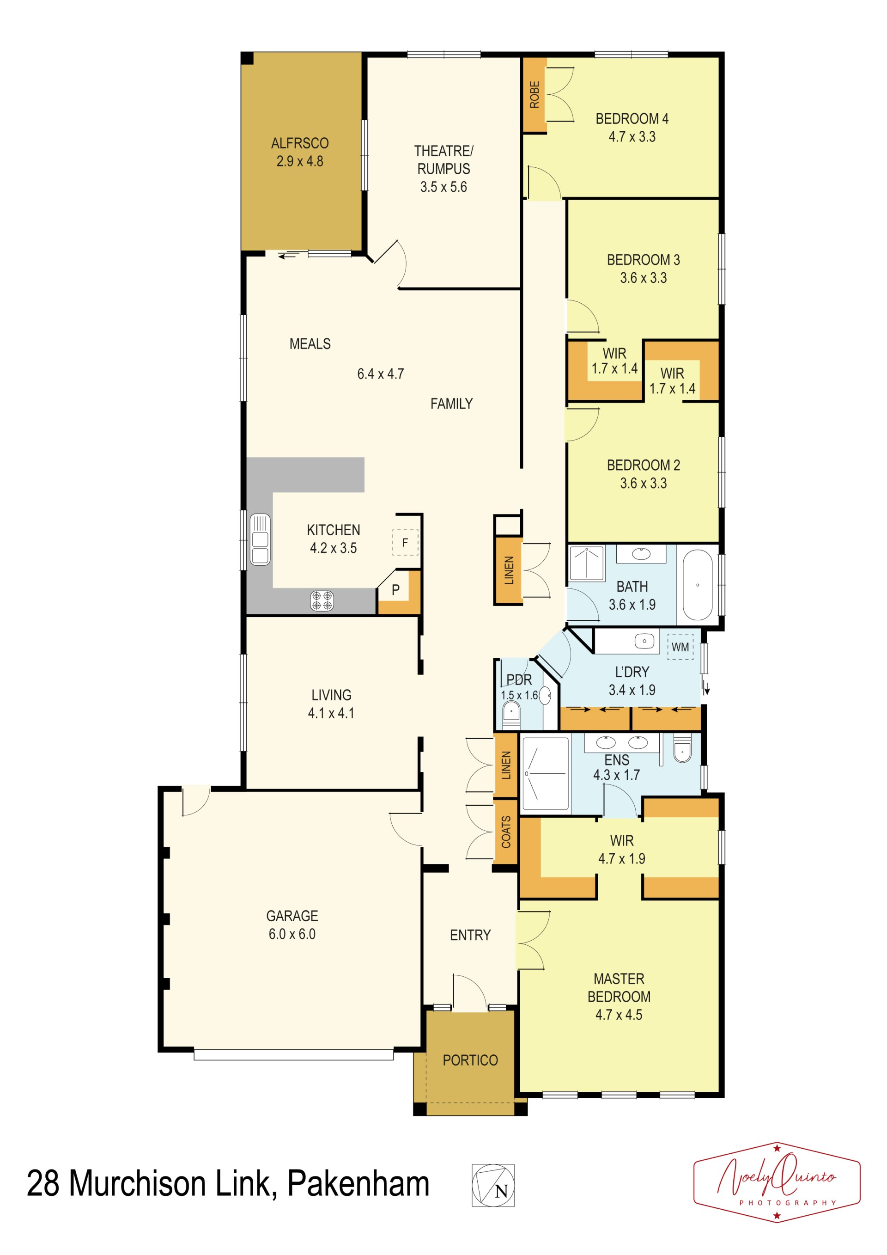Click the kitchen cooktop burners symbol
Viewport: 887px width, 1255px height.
tap(322, 601)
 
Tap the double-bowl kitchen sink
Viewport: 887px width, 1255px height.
tap(260, 539)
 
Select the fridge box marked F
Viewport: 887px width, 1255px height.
tap(405, 542)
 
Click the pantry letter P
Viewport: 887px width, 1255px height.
tap(395, 590)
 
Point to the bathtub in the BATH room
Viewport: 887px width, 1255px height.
tap(698, 585)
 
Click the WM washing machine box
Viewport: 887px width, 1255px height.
tap(680, 647)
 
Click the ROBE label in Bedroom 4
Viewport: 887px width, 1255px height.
tap(534, 95)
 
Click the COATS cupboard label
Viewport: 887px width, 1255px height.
tap(506, 832)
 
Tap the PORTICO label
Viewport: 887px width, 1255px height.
tap(470, 1060)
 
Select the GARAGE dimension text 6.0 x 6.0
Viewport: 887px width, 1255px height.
tap(292, 934)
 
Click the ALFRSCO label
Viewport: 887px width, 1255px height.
tap(300, 143)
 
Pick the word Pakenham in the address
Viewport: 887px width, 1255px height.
tap(358, 1183)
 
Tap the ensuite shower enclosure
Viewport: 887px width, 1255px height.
tap(546, 773)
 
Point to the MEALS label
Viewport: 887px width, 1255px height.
tap(310, 344)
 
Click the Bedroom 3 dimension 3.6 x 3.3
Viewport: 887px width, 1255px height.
tap(644, 278)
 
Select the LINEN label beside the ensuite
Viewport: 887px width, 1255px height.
tap(506, 765)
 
